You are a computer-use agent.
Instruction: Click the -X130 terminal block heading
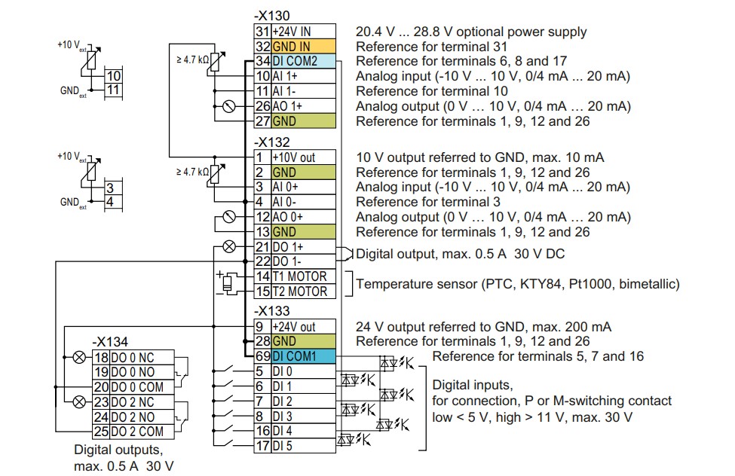tap(272, 16)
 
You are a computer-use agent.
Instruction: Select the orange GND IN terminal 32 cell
tap(304, 47)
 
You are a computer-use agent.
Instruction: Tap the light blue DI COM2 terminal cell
tap(304, 61)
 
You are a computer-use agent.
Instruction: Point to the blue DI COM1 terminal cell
tap(304, 356)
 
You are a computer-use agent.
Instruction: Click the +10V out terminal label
tap(294, 157)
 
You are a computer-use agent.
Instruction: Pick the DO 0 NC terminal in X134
tap(133, 358)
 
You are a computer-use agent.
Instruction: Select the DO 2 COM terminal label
tap(137, 432)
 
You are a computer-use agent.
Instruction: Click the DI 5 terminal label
tap(283, 446)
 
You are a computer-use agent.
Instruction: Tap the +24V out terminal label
tap(294, 327)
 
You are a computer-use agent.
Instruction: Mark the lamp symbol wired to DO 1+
tap(229, 246)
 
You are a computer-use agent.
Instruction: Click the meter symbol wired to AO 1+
tap(229, 106)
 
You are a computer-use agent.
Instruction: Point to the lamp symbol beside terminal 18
tap(80, 358)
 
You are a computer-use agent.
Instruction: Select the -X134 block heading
tap(110, 341)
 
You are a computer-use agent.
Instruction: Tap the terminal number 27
tap(262, 121)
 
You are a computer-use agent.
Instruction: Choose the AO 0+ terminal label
tap(288, 217)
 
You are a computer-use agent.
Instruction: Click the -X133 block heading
tap(272, 310)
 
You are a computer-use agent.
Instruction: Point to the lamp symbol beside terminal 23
tap(80, 401)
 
